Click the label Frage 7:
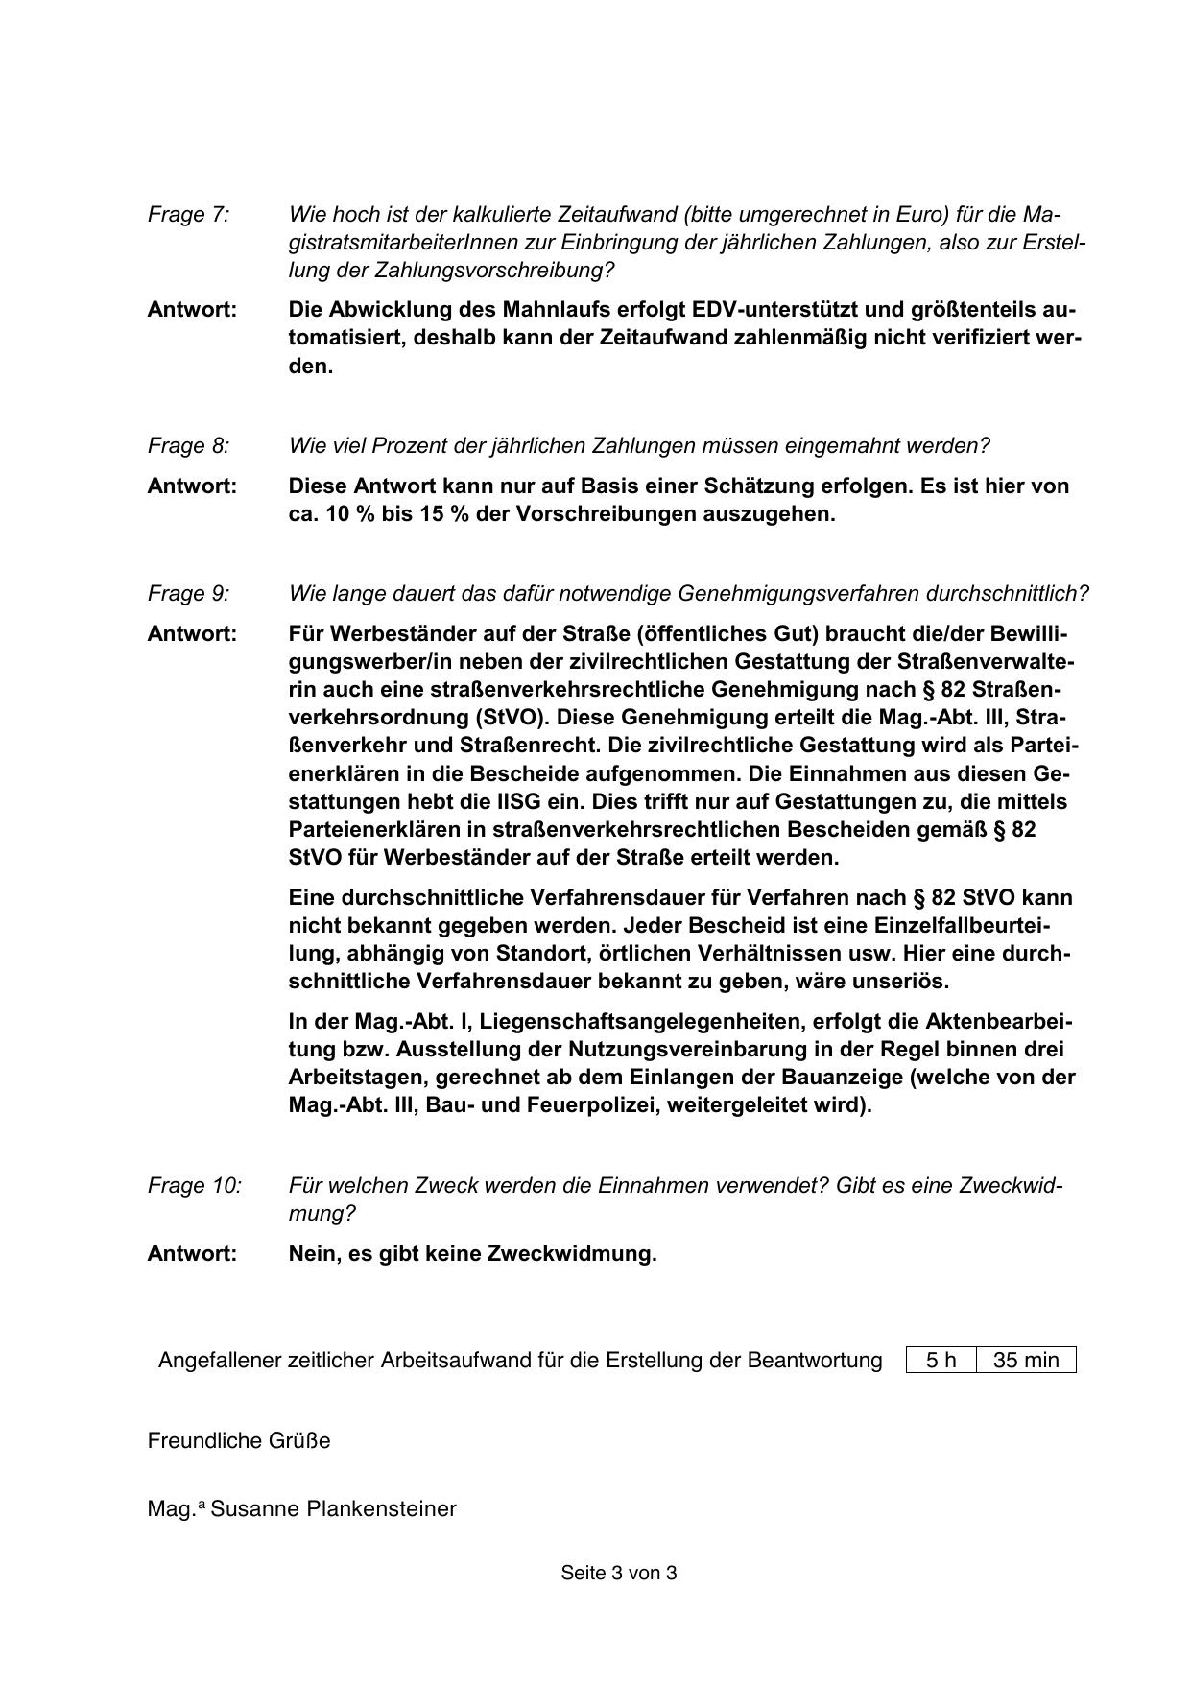pos(188,215)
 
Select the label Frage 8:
pos(188,446)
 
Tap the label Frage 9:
pos(188,594)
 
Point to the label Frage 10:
pos(194,1186)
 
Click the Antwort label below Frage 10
pos(192,1254)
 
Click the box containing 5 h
pos(941,1361)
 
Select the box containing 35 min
pos(1026,1361)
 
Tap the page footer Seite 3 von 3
pos(619,1574)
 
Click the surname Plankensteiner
pos(381,1509)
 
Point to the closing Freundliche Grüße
pos(239,1441)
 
